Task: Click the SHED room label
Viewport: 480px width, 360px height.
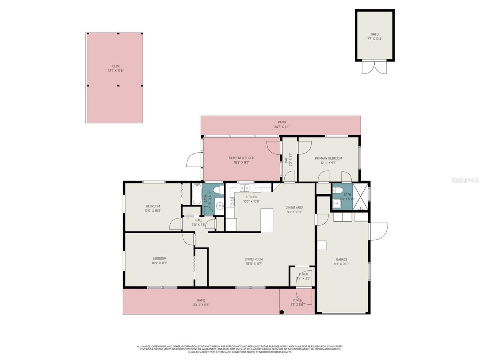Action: tap(375, 34)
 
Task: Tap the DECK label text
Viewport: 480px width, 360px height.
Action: tap(116, 66)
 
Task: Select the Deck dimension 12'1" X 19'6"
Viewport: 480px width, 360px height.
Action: tap(116, 71)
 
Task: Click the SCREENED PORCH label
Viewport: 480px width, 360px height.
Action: tap(241, 158)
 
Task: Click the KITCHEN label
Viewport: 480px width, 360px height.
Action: tap(251, 197)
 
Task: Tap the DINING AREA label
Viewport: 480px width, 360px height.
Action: tap(294, 207)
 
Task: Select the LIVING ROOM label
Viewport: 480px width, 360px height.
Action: tap(253, 259)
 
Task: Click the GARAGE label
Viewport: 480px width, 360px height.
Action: tap(341, 259)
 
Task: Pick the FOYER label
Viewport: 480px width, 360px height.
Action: tap(303, 274)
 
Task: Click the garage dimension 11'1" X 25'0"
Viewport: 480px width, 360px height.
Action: tap(341, 264)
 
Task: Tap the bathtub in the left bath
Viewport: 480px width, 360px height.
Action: tap(197, 194)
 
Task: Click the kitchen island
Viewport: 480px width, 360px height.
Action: tap(267, 220)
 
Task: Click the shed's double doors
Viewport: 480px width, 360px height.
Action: tap(374, 67)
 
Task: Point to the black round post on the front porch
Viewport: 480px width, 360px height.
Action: tap(282, 312)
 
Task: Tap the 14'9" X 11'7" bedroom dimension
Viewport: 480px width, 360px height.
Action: tap(159, 263)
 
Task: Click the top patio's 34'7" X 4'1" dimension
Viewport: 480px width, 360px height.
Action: tap(281, 127)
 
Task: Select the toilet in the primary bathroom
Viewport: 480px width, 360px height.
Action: tap(337, 190)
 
